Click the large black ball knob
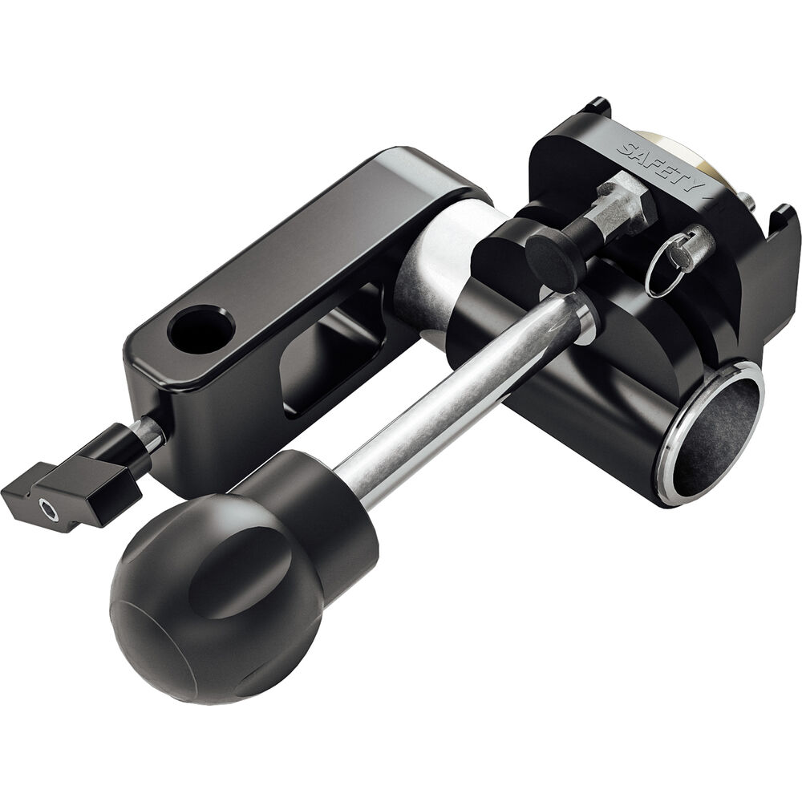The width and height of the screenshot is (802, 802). pyautogui.click(x=215, y=598)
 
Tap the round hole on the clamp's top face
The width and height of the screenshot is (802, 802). pyautogui.click(x=201, y=330)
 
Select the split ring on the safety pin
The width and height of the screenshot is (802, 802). pyautogui.click(x=665, y=269)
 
